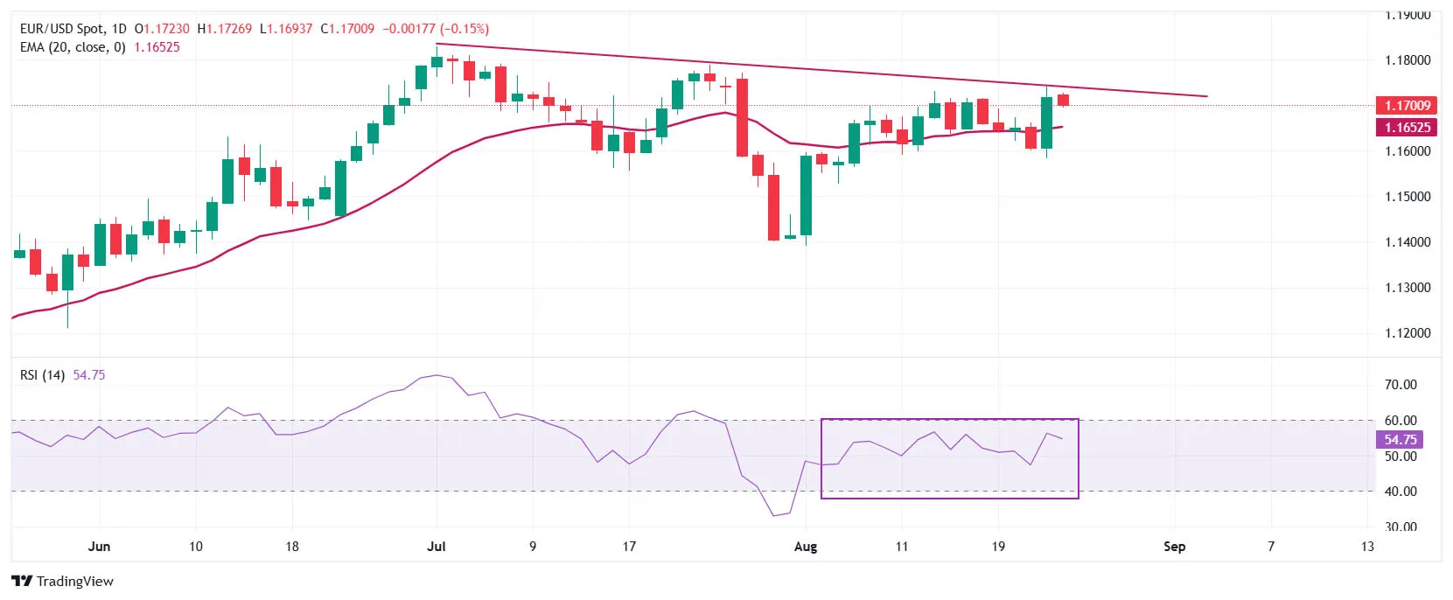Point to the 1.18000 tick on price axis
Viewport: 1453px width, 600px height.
tap(1408, 60)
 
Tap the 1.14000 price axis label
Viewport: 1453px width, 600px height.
tap(1408, 242)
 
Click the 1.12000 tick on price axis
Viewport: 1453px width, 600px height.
tap(1408, 333)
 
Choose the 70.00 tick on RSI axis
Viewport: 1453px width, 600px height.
tap(1401, 385)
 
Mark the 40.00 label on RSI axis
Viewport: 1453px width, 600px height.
tap(1401, 492)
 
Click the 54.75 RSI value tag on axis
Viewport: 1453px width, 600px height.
tap(1400, 440)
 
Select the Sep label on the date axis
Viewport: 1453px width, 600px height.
tap(1174, 547)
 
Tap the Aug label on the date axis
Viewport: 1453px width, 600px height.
tap(805, 547)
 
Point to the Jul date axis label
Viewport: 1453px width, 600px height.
tap(436, 547)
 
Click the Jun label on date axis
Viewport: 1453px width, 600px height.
tap(100, 547)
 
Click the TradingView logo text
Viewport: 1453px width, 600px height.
tap(74, 582)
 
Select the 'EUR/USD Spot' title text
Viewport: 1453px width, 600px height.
tap(60, 29)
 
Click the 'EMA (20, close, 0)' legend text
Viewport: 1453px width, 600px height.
tap(73, 47)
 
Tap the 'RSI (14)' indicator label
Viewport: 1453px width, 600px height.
tap(42, 375)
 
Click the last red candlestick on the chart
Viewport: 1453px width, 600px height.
tap(1063, 100)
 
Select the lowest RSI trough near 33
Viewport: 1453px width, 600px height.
tap(774, 515)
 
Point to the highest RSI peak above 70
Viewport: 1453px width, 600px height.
tap(437, 375)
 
